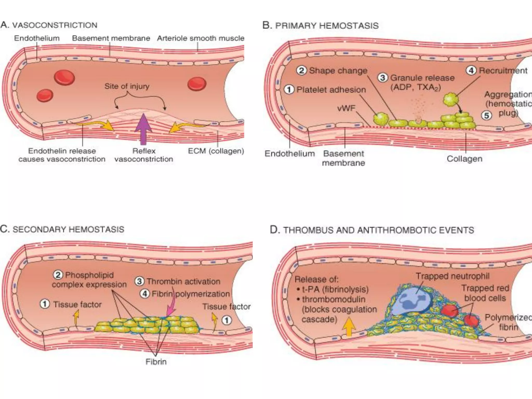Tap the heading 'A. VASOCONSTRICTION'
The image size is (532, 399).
pos(49,25)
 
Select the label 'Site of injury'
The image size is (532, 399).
pos(127,86)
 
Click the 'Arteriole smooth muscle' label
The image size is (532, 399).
pos(201,38)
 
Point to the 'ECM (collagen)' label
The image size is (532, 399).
pos(216,151)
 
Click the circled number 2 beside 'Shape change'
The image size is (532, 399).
pos(301,70)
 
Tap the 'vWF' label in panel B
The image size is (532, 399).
pos(346,108)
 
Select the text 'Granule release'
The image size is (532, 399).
pos(422,78)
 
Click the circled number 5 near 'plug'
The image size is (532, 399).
pos(487,115)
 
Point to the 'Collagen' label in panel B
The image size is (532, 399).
pos(464,158)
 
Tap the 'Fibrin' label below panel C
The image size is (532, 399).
pos(156,362)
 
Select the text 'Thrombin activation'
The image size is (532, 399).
pos(183,281)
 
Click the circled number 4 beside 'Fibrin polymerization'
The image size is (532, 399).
pos(145,294)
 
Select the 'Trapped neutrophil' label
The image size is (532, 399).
pos(453,276)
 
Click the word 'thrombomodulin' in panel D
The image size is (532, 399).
pos(334,299)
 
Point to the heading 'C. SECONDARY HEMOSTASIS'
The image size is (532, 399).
pos(62,229)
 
